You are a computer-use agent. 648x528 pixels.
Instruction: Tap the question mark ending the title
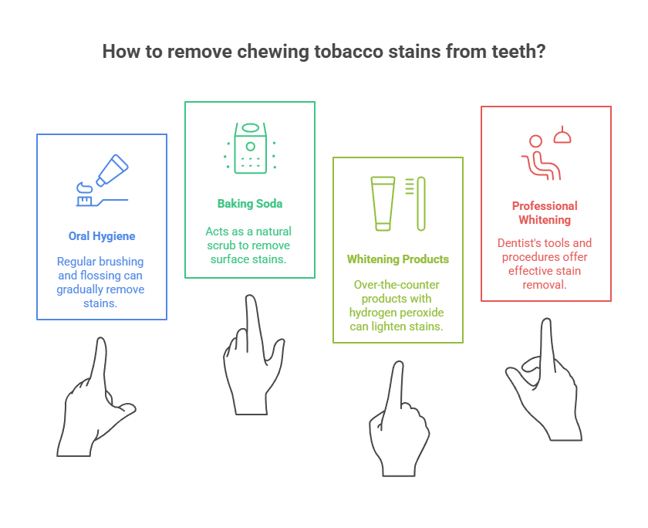pos(542,52)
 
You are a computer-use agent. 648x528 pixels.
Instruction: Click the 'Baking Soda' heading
pos(250,204)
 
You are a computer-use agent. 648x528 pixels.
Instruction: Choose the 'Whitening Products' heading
pos(398,259)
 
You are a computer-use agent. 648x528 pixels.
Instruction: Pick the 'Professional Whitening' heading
pos(545,212)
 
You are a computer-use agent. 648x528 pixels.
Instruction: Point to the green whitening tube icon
pos(383,203)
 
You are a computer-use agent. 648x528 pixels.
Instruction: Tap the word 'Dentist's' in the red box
pos(521,243)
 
